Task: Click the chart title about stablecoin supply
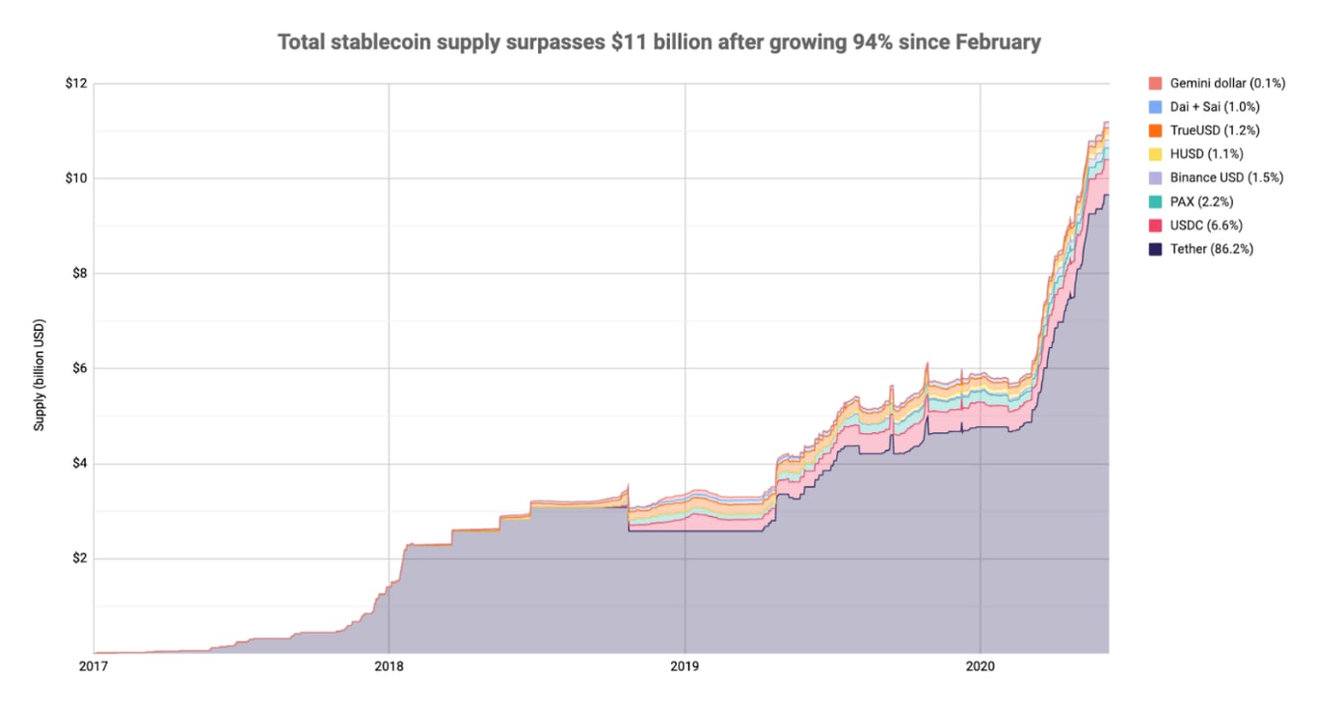pyautogui.click(x=658, y=42)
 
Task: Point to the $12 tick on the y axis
pyautogui.click(x=75, y=83)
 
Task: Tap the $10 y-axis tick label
pyautogui.click(x=75, y=178)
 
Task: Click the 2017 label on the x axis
pyautogui.click(x=94, y=666)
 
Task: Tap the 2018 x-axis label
pyautogui.click(x=389, y=666)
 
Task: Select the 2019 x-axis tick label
pyautogui.click(x=685, y=666)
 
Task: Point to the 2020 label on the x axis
pyautogui.click(x=981, y=666)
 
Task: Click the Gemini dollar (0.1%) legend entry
pyautogui.click(x=1215, y=83)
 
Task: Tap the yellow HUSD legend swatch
pyautogui.click(x=1155, y=154)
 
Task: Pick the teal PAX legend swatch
pyautogui.click(x=1155, y=202)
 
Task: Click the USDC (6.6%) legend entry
pyautogui.click(x=1205, y=226)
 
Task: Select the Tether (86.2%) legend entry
pyautogui.click(x=1211, y=249)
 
